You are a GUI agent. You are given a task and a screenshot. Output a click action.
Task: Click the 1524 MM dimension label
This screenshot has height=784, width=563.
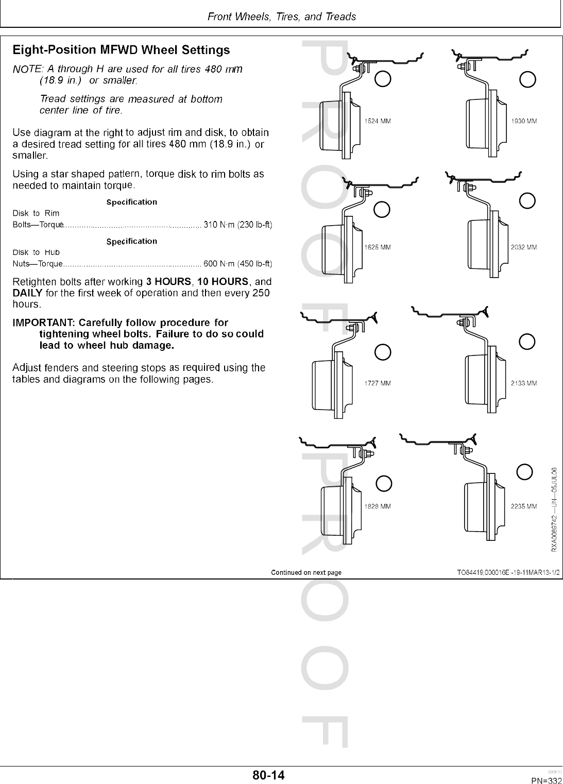point(377,122)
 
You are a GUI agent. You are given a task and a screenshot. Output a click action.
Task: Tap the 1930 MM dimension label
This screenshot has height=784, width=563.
point(524,122)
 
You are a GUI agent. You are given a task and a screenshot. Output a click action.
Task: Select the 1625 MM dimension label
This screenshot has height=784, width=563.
point(377,247)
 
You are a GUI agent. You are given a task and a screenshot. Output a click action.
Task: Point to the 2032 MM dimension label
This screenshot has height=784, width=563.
point(524,247)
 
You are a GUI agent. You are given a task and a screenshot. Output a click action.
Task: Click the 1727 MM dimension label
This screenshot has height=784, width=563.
point(377,383)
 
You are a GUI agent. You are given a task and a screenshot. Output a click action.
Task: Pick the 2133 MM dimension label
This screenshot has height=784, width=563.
point(524,383)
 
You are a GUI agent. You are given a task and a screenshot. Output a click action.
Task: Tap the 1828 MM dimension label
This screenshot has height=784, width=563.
point(377,506)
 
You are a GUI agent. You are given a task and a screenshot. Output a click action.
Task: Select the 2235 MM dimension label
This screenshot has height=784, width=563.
point(524,506)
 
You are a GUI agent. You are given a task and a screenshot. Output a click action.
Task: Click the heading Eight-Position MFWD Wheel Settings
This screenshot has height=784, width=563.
point(121,50)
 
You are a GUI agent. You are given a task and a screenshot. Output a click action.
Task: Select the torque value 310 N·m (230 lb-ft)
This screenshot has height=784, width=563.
point(237,225)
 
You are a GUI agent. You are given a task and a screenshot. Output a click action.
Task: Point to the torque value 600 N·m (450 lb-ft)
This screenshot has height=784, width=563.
point(237,264)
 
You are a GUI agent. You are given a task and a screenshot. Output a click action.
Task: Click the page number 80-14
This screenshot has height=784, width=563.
point(268,775)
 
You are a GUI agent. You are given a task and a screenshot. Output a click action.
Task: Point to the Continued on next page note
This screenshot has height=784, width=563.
point(306,572)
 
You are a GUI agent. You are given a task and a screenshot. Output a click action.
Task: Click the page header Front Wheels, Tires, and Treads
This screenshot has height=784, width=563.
point(281,16)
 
